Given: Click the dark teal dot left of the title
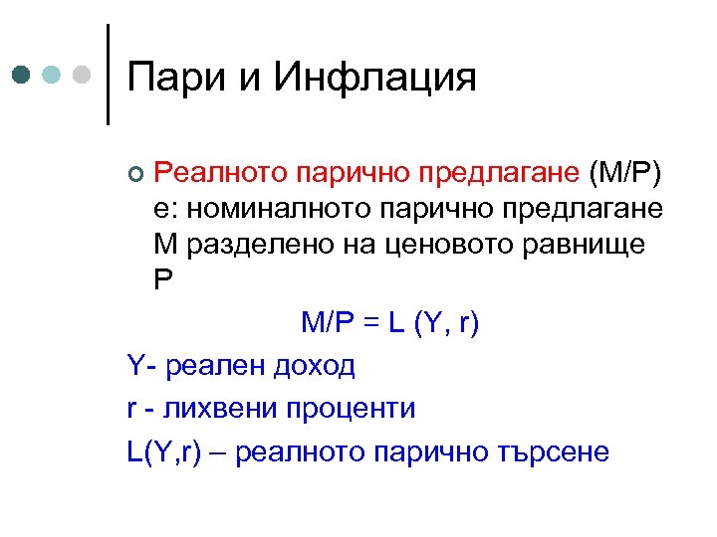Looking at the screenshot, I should (21, 75).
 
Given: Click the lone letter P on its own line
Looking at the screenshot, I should (163, 278).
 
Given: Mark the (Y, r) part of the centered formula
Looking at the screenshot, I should (450, 324).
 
